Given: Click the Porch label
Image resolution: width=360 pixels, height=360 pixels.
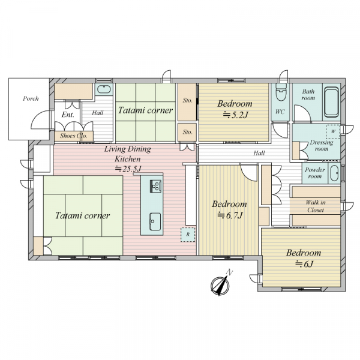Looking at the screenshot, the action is point(31,99).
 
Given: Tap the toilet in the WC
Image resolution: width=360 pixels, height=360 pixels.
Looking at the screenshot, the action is point(281,92).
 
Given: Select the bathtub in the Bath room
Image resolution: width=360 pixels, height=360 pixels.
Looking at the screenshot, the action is point(332,102).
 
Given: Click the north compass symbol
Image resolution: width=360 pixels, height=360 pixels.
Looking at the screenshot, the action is point(220,285).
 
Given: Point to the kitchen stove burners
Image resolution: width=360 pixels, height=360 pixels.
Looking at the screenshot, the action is point(155,186).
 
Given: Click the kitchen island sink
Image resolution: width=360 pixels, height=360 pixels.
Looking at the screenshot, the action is point(155,221).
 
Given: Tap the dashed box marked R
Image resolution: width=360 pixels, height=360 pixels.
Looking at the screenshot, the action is point(188,235).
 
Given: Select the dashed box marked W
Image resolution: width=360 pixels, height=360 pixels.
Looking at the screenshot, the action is point(333,132).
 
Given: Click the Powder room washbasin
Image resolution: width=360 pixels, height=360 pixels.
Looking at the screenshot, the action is point(334,173).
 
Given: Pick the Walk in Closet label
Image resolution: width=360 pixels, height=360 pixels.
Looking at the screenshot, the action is point(316,206).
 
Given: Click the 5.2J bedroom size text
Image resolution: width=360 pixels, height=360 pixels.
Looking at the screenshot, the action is point(236,115).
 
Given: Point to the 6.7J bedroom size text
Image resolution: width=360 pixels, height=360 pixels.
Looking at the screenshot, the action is point(230,215).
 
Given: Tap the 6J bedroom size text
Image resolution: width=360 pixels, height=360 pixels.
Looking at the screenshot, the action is point(304,264).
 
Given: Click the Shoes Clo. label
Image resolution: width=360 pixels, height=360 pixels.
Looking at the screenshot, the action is point(74,136).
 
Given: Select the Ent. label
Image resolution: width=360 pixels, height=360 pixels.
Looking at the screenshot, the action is point(68,115).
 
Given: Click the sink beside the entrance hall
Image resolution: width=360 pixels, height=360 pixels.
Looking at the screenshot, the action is point(104,89).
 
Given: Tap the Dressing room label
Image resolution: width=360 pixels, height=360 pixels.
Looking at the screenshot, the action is point(322,146).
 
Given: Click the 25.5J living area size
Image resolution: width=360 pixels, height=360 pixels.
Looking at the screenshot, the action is point(128,169).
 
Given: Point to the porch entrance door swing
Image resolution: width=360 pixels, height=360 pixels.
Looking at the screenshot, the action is point(41,120).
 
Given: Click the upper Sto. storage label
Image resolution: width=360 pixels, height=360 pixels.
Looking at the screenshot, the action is point(188,100).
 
